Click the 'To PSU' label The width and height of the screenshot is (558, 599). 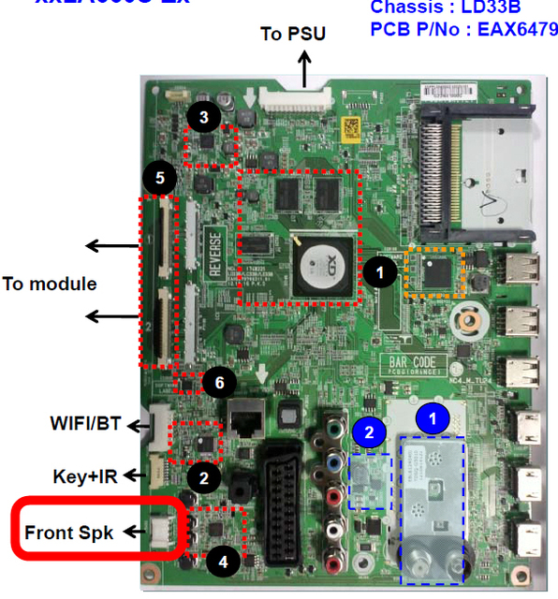293,35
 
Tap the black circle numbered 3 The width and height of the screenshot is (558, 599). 203,117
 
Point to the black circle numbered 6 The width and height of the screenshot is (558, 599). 218,382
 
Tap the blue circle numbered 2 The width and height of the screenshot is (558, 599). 369,431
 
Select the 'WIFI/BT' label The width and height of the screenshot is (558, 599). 86,423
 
